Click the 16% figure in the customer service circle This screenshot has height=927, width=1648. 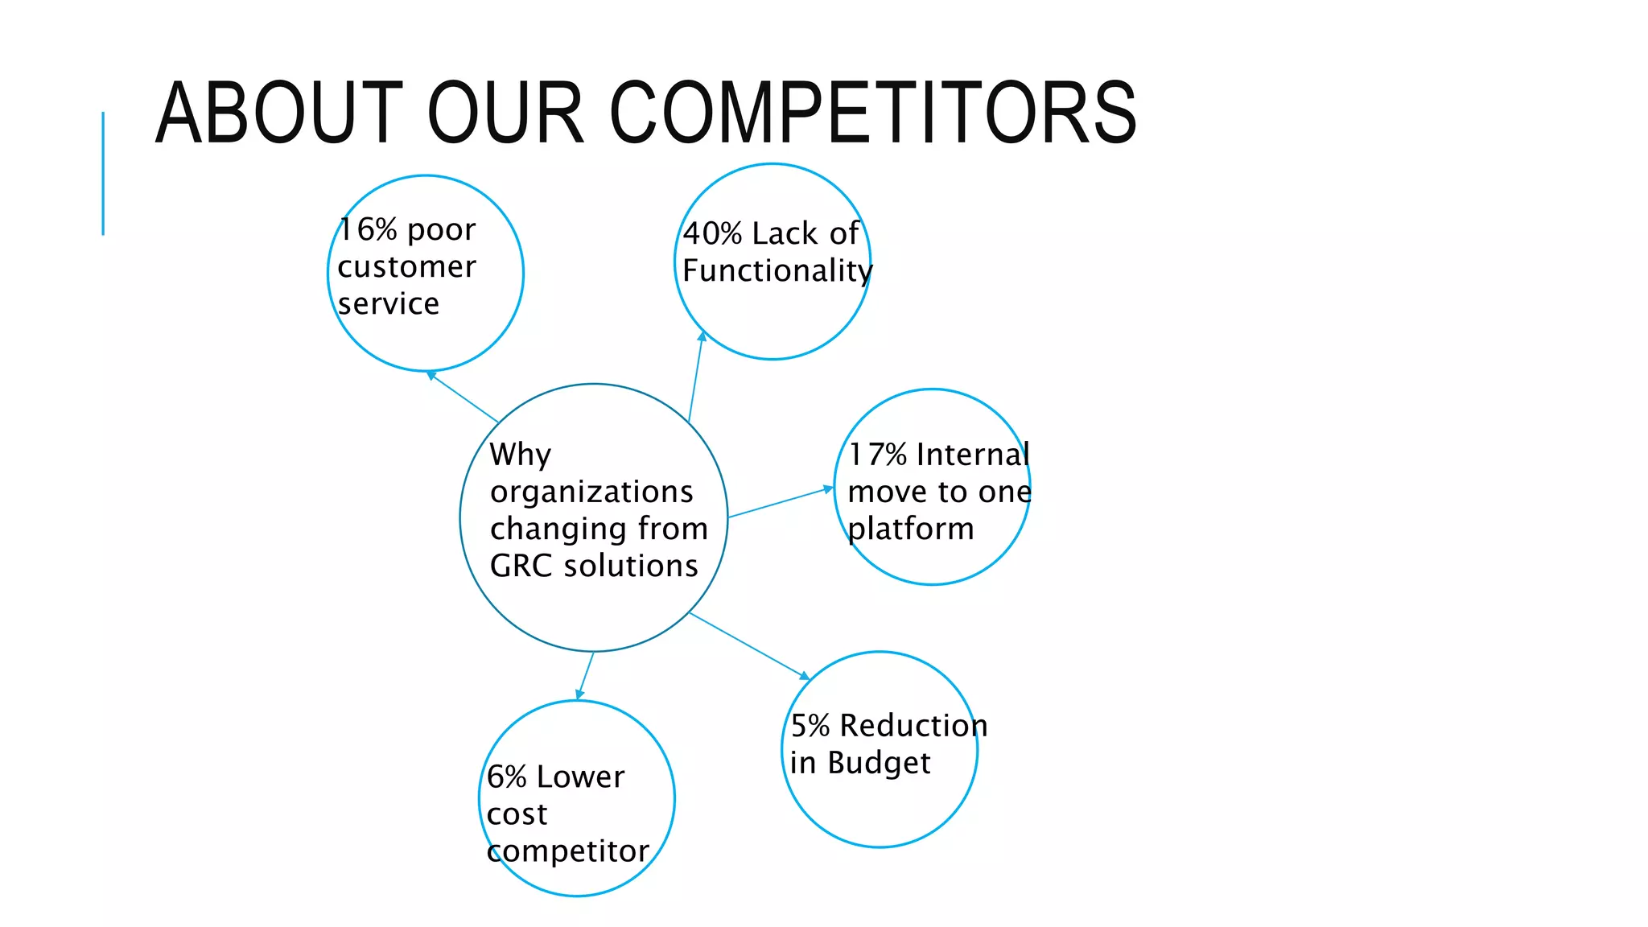click(368, 230)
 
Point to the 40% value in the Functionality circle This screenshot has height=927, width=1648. click(712, 234)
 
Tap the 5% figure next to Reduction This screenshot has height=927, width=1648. click(810, 726)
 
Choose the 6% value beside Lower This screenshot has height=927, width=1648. click(507, 777)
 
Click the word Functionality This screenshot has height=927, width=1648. click(777, 271)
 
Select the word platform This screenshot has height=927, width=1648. click(911, 529)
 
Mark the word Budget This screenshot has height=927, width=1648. click(879, 763)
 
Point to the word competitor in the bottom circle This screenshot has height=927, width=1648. click(568, 851)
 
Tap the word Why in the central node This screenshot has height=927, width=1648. click(521, 455)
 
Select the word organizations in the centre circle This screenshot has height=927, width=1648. click(591, 492)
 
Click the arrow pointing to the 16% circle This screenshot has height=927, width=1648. click(463, 397)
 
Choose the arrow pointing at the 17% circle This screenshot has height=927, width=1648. click(781, 502)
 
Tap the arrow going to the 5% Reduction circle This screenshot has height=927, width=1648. click(749, 645)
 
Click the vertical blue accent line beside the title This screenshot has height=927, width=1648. click(103, 173)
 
